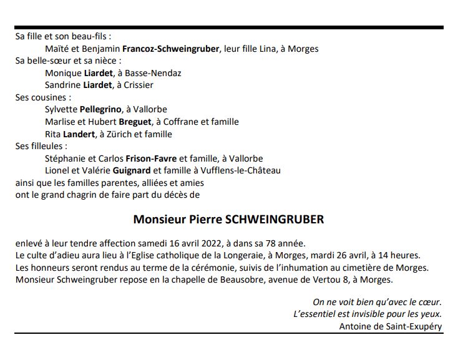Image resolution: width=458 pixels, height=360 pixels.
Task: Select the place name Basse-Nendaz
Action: click(x=154, y=73)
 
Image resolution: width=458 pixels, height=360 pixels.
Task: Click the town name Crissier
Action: click(x=138, y=85)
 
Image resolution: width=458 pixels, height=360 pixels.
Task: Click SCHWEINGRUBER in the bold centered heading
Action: click(x=275, y=220)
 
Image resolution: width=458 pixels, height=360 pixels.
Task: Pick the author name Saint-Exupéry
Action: click(x=412, y=326)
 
